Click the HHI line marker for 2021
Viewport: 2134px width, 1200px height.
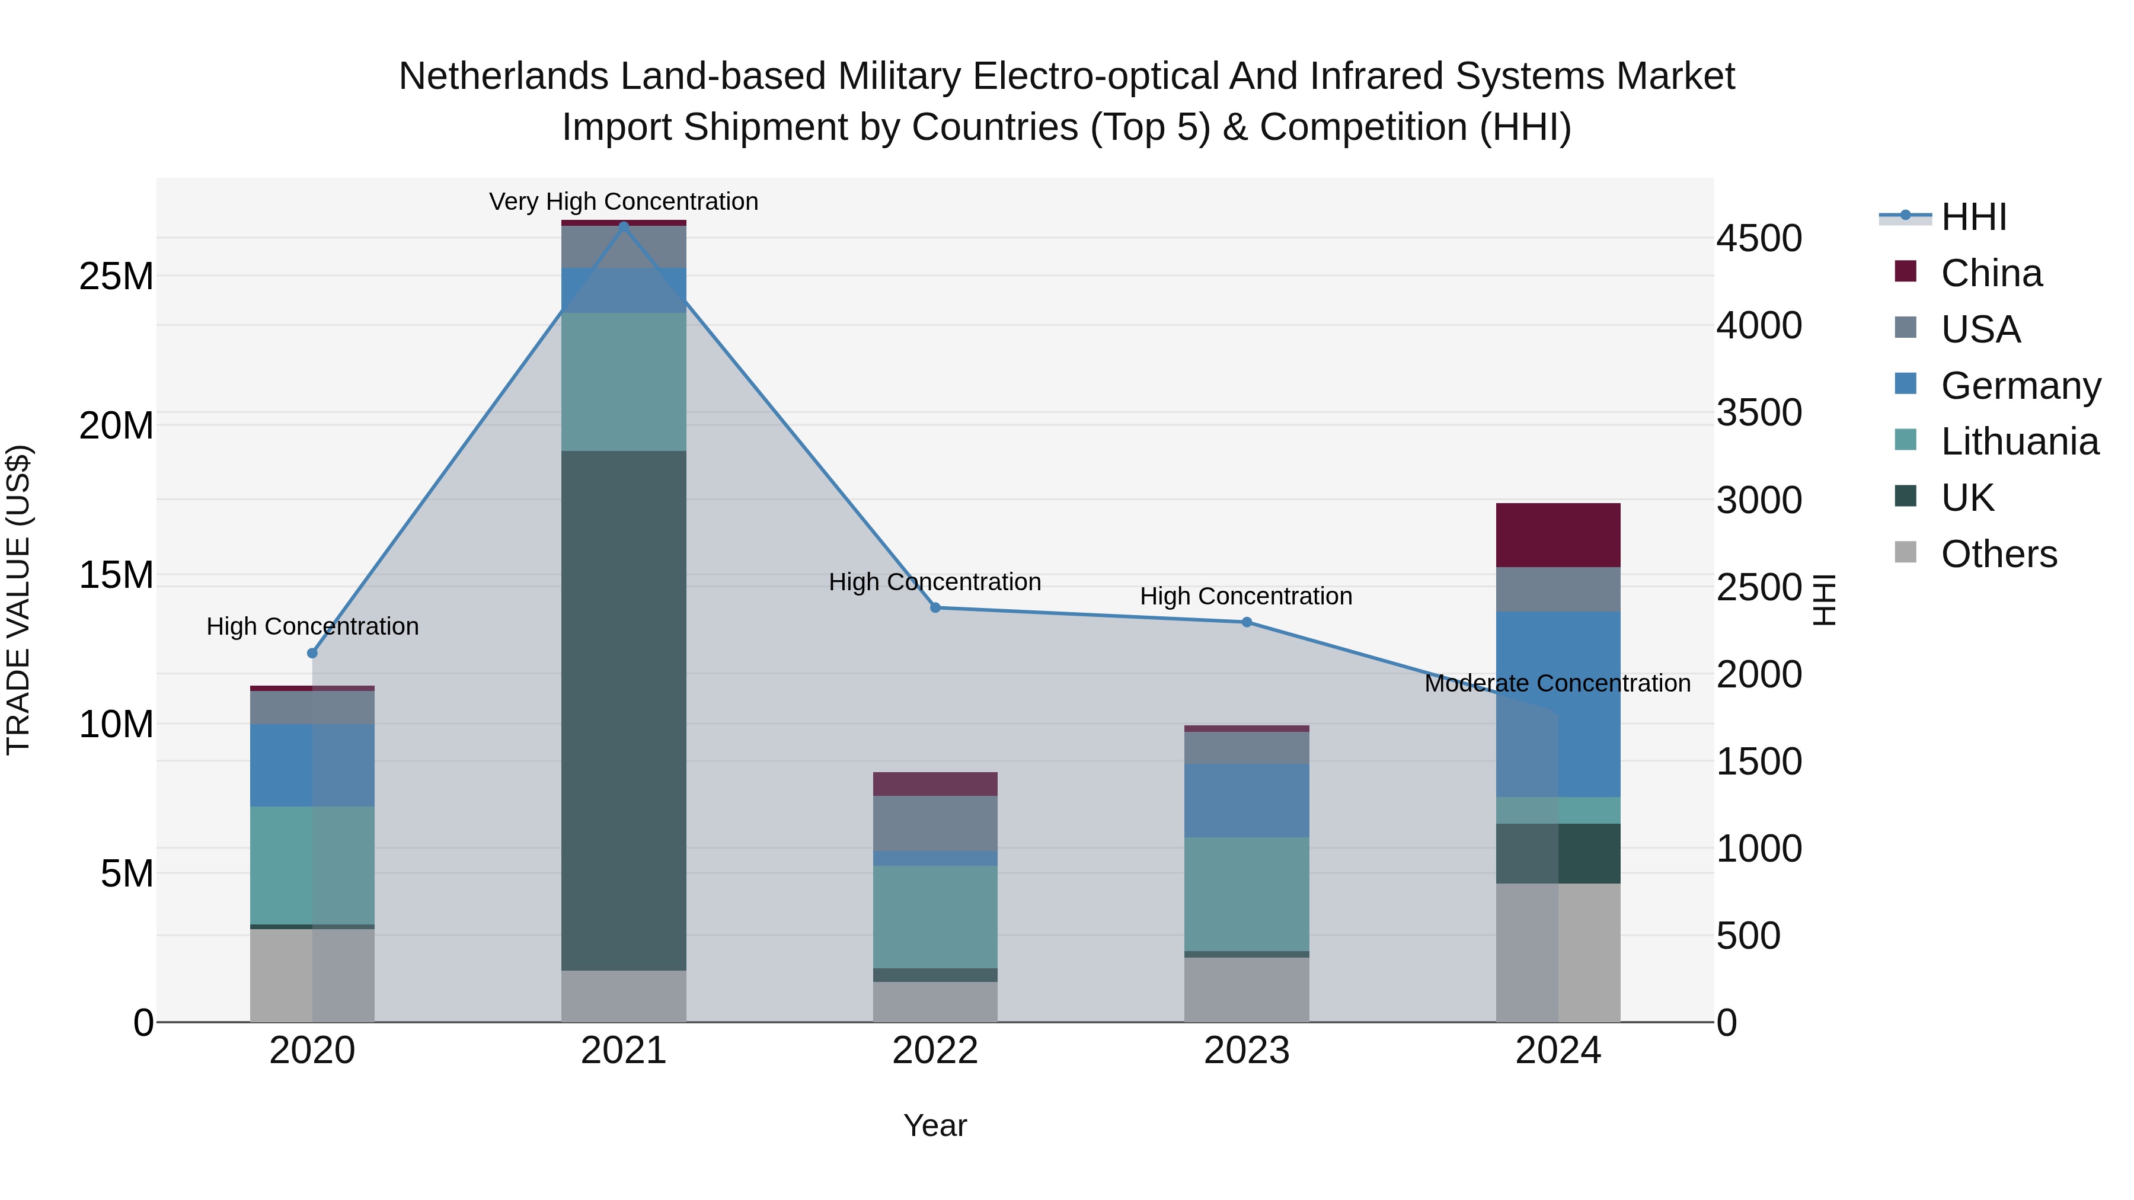[x=624, y=225]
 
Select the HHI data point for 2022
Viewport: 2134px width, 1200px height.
[x=935, y=608]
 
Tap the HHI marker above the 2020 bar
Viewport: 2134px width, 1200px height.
[x=312, y=654]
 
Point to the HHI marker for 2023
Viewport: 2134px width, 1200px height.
[x=1247, y=622]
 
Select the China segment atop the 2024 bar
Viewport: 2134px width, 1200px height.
[x=1558, y=535]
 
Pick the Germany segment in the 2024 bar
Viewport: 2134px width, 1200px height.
[x=1558, y=704]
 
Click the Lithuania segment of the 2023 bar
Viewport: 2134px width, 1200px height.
[x=1247, y=894]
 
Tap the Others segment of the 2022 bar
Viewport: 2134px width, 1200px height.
[x=935, y=1002]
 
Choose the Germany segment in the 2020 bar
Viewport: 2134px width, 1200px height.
[x=312, y=765]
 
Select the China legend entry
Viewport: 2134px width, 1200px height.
[x=1991, y=273]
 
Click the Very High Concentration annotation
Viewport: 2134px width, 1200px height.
[x=624, y=201]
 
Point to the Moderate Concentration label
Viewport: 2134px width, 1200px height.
[x=1557, y=683]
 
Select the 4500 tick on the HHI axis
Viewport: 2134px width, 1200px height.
[x=1759, y=238]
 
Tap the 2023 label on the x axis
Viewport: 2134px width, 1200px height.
[x=1247, y=1051]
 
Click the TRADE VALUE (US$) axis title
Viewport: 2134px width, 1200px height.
[x=19, y=600]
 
